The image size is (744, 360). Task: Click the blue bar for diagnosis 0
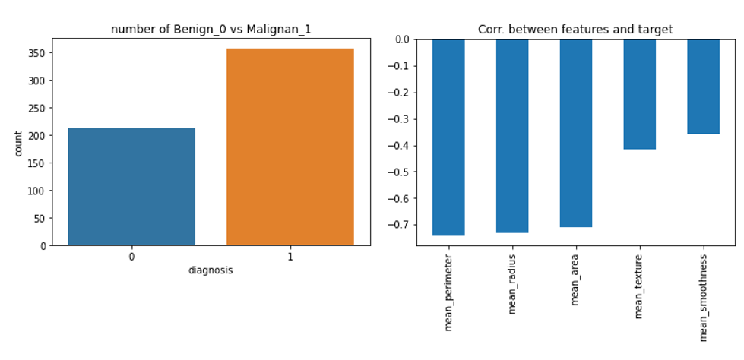(131, 187)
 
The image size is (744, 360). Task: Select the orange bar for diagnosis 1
(290, 147)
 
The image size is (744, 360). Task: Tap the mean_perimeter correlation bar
(448, 137)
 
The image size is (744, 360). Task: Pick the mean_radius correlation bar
(512, 136)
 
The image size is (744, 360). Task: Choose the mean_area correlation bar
(576, 133)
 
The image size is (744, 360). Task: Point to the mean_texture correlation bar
(640, 94)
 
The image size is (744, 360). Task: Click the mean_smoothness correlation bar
(703, 87)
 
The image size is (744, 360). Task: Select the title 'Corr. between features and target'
(575, 30)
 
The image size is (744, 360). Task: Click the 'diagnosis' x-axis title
(211, 270)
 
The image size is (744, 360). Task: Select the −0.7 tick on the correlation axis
(402, 225)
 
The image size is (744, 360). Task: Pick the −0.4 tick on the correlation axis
(402, 146)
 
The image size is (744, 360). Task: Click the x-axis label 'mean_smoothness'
(704, 298)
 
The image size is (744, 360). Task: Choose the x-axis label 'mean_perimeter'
(448, 292)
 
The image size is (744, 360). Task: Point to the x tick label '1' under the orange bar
(290, 257)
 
